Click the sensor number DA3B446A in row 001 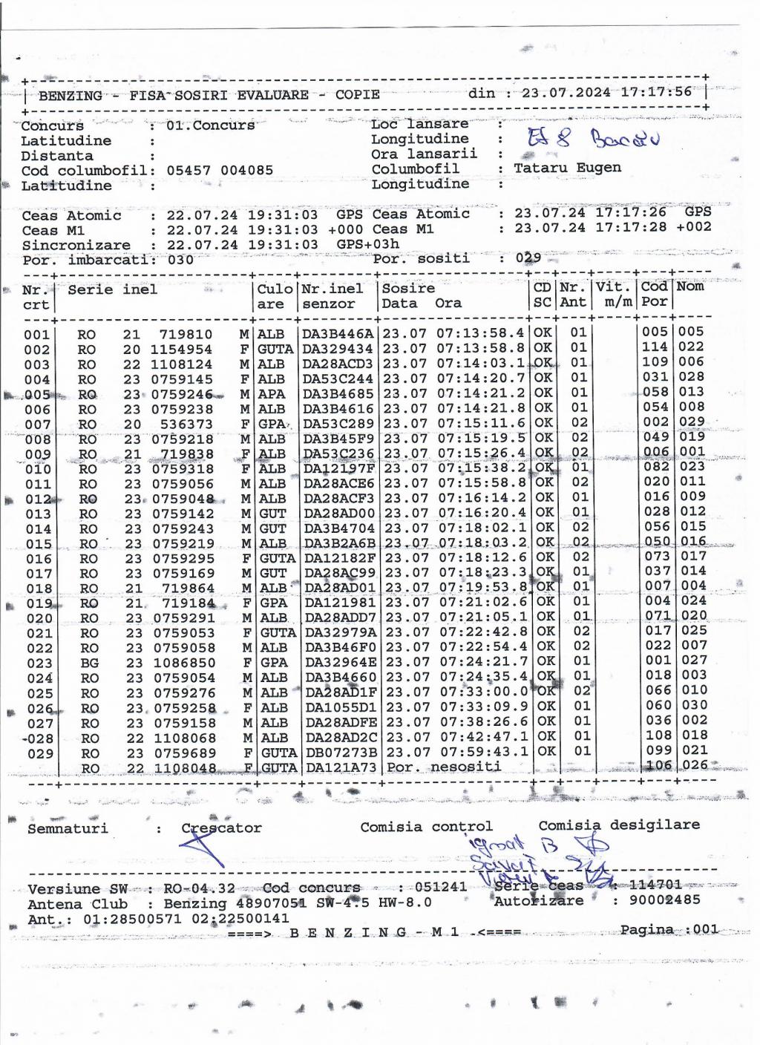(338, 334)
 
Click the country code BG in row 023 (89, 663)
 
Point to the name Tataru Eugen (567, 168)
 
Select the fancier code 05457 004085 (220, 170)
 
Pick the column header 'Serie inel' (112, 289)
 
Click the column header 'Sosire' (407, 288)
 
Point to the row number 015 (38, 544)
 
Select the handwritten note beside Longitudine (593, 138)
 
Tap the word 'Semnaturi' (68, 828)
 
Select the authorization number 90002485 (665, 900)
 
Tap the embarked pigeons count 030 (180, 260)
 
